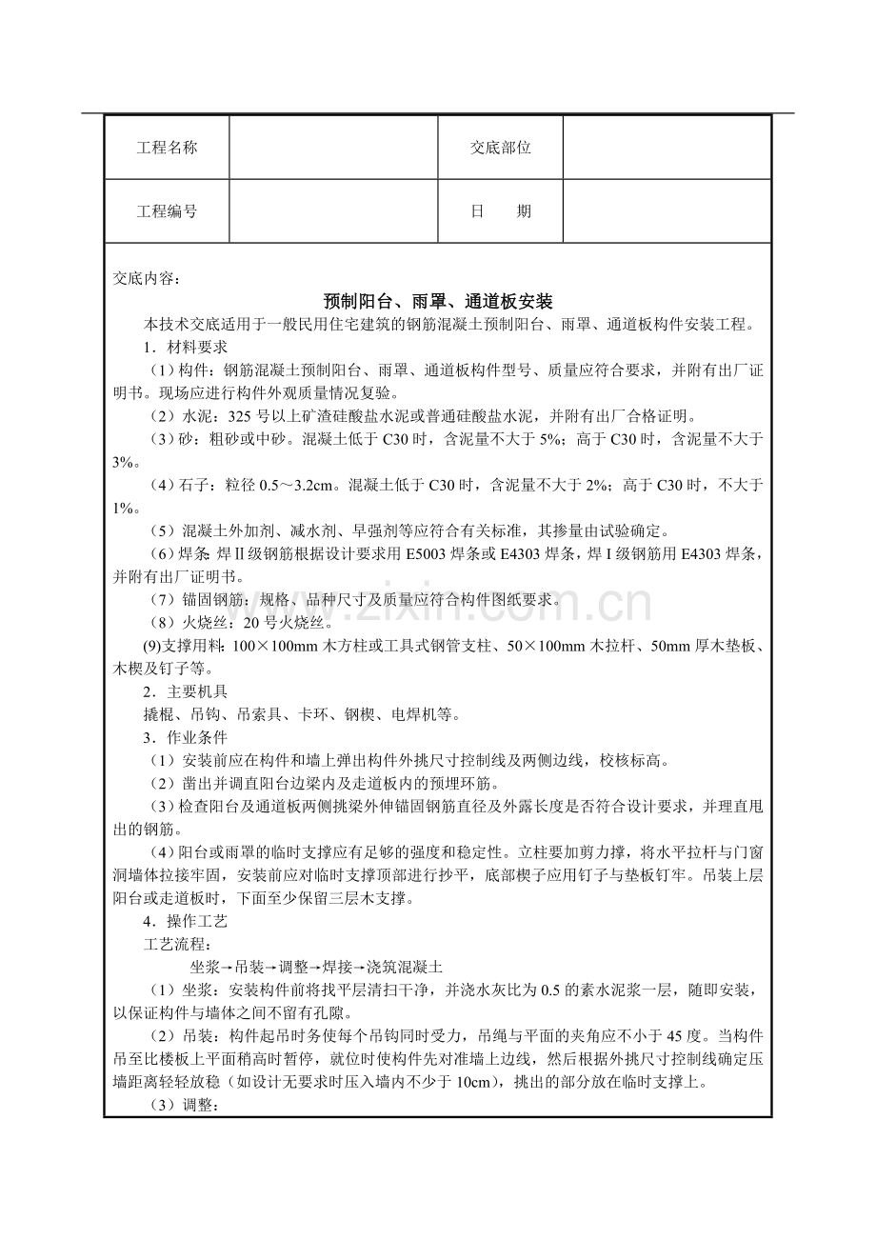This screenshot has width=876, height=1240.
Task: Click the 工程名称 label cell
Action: (x=167, y=148)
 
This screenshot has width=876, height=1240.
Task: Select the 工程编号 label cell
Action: (x=167, y=211)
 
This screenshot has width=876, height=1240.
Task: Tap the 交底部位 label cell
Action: (x=500, y=148)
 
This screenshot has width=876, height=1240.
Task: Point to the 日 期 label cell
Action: (x=500, y=211)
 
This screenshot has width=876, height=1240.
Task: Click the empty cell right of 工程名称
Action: (x=333, y=148)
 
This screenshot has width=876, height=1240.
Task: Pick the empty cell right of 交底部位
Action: (x=667, y=148)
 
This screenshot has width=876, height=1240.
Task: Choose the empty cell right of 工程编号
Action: (x=333, y=211)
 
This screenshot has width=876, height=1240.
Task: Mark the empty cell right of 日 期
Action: (x=667, y=211)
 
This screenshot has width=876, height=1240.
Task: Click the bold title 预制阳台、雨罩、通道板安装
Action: (x=438, y=302)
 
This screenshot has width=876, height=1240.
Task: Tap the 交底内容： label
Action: (x=146, y=278)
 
